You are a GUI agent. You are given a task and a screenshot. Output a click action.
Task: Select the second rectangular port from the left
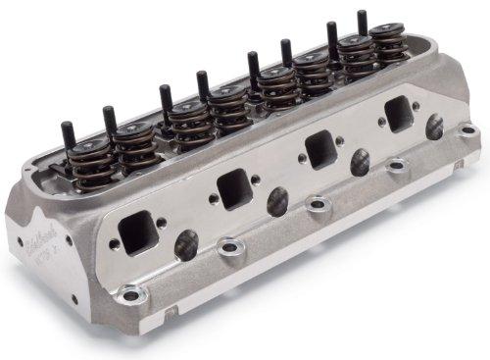232,186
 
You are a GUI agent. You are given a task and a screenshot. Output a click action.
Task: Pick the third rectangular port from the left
321,149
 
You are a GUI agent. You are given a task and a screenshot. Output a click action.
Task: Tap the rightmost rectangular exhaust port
400,114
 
